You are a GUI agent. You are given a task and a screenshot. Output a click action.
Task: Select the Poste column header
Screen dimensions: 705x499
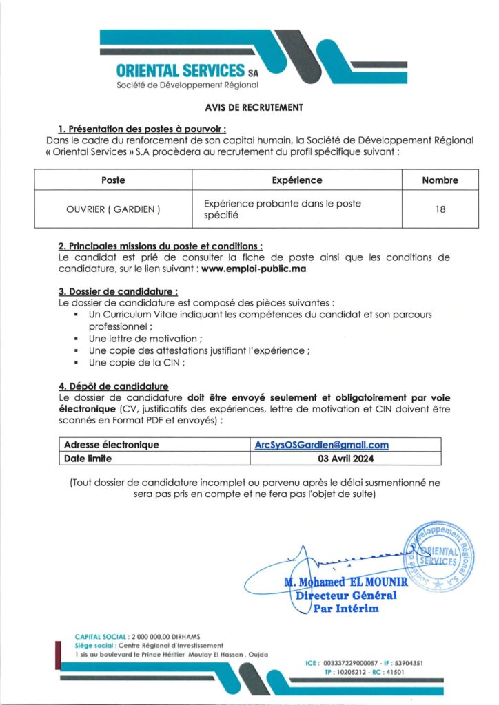(113, 180)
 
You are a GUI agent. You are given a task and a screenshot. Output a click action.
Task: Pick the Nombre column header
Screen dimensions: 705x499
(440, 180)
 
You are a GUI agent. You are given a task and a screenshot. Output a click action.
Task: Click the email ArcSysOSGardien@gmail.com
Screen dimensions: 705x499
(322, 445)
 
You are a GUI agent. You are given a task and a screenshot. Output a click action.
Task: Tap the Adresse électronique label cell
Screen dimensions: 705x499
(112, 445)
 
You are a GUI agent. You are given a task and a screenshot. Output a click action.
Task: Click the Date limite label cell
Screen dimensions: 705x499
(88, 458)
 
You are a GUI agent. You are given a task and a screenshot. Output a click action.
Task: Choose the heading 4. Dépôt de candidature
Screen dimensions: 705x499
(113, 386)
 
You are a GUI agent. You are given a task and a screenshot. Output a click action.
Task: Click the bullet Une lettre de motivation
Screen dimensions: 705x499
(145, 339)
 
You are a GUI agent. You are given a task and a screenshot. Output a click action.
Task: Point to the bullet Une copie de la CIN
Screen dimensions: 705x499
(136, 363)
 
